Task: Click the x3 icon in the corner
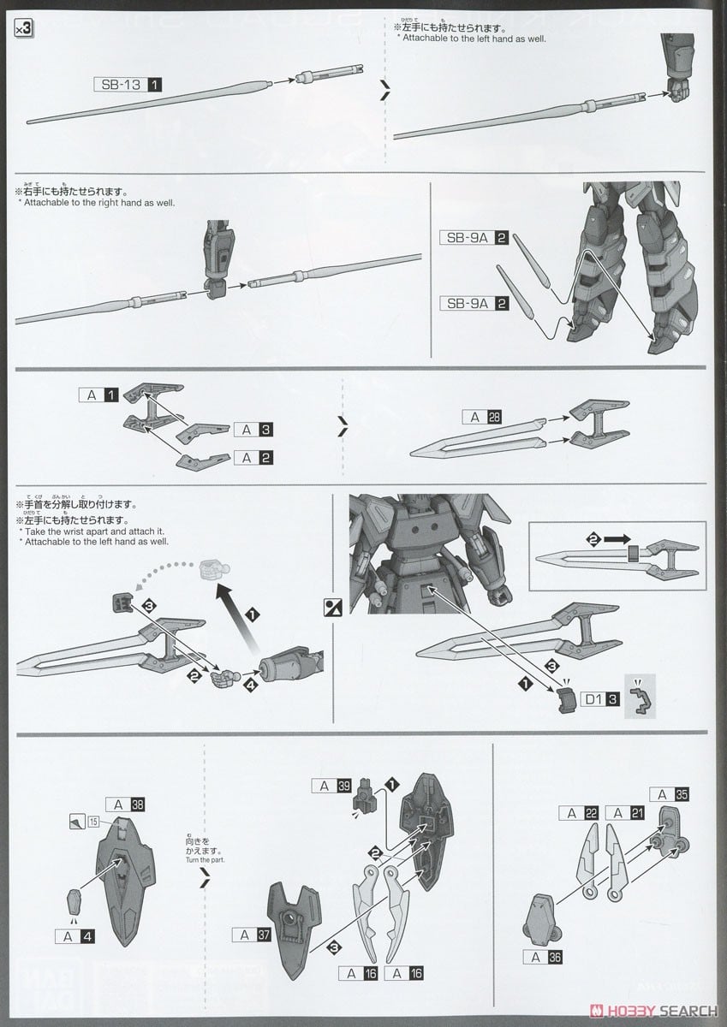click(x=24, y=29)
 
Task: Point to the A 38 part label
click(x=126, y=804)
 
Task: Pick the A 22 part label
click(x=579, y=813)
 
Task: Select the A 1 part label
click(x=98, y=395)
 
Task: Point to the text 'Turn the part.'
click(x=202, y=860)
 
